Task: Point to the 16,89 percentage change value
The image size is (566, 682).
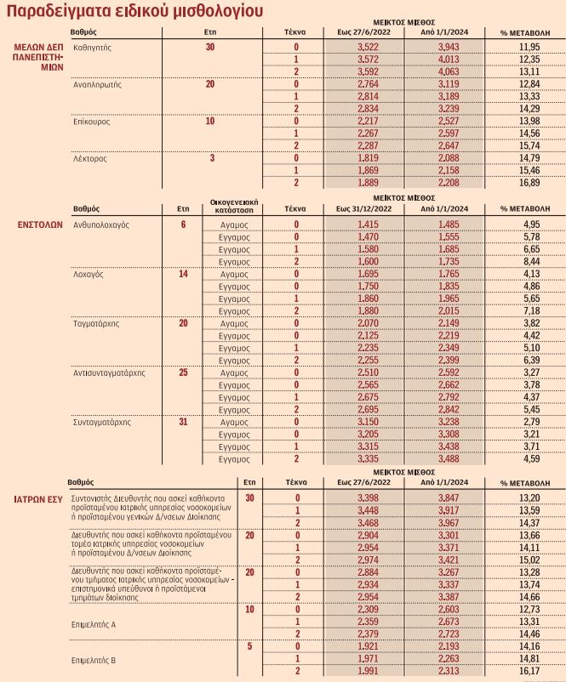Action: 529,182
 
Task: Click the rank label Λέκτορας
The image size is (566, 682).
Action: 88,158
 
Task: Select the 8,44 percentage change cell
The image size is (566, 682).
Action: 529,261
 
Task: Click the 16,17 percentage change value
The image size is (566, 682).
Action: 529,671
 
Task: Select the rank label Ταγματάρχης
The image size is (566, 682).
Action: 96,323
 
